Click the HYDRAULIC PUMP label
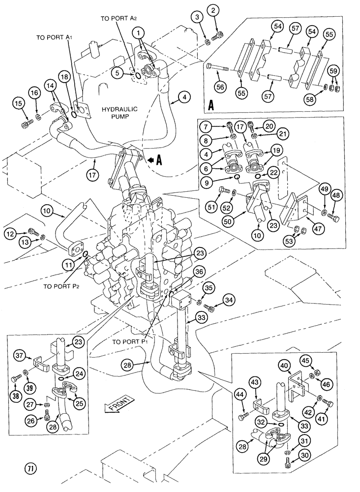[119, 114]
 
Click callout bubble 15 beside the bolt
[18, 103]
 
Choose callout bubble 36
[198, 271]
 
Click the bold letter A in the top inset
[212, 104]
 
